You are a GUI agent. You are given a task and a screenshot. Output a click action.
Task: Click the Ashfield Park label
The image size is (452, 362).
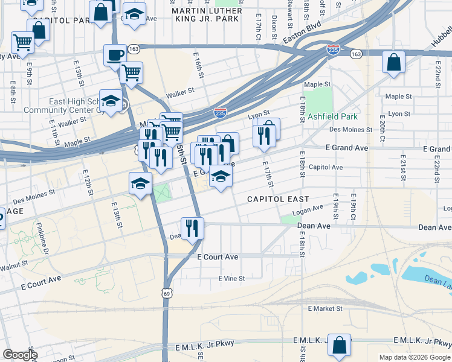coord(332,116)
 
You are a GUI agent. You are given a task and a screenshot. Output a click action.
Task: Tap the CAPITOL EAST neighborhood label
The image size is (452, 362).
coord(278,199)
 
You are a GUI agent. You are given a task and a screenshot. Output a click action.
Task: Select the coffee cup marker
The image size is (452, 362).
coord(114,56)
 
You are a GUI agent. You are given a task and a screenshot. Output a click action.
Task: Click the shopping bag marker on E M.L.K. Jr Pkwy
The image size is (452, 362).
coord(339,346)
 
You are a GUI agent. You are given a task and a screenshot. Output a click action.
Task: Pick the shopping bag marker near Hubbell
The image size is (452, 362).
coord(393,62)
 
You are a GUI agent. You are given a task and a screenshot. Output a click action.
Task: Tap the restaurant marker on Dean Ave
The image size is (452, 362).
coord(193,229)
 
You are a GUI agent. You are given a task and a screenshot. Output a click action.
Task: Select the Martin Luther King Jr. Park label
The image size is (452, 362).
coord(207,15)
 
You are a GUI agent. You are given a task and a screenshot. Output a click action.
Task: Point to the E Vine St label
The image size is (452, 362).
coord(231,279)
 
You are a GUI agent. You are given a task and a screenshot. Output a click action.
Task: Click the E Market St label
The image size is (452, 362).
coord(324,308)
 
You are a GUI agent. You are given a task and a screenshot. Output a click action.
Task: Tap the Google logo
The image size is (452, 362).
coord(19,355)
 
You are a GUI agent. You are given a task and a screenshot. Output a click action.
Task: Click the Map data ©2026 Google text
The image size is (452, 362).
coord(415,357)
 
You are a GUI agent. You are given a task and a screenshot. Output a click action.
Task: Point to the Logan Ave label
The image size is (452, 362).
coord(308,209)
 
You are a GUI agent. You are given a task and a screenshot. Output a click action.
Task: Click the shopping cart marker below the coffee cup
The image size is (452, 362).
coord(131,73)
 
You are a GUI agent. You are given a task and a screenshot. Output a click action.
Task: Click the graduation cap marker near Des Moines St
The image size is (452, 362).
coord(140,183)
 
